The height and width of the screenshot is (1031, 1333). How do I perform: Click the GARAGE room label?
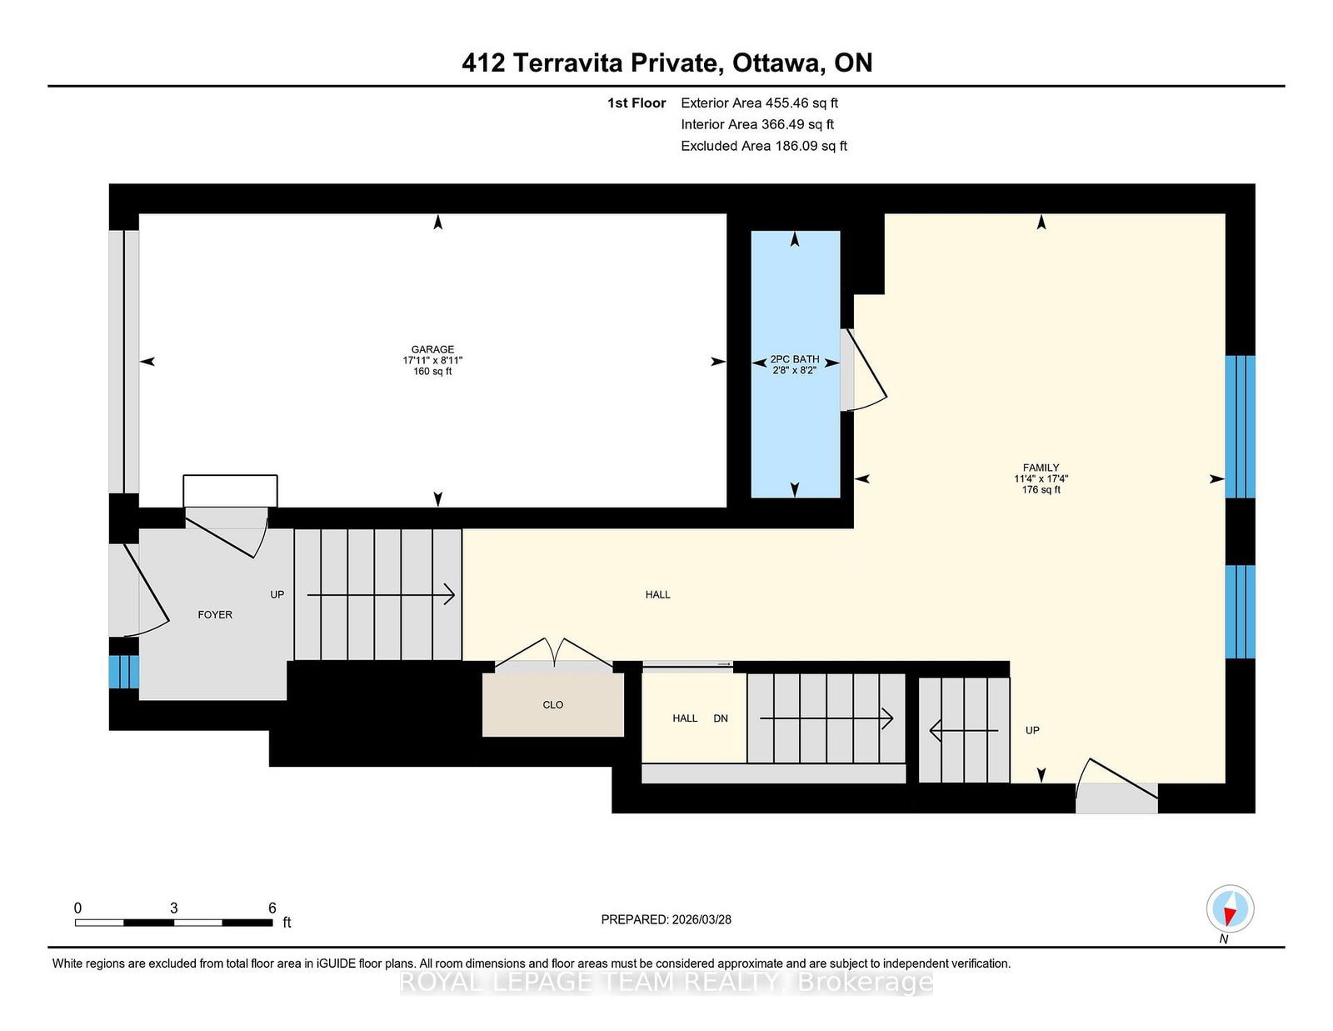[432, 349]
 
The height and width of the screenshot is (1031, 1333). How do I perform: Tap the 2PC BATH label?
[795, 359]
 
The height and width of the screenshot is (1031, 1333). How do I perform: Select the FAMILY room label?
[1041, 468]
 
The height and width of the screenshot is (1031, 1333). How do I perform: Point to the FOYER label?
[215, 615]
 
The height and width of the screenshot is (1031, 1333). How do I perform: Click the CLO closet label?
[552, 705]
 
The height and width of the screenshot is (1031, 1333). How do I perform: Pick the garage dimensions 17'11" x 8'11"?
[432, 360]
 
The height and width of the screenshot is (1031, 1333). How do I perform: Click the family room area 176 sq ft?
[1041, 490]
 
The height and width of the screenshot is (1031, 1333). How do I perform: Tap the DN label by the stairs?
[720, 718]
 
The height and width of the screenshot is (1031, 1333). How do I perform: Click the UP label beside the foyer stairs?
[277, 594]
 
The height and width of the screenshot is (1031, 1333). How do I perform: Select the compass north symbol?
[1230, 908]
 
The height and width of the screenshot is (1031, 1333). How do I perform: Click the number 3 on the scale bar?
[174, 908]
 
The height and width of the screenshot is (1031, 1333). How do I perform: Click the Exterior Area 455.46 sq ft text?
[760, 103]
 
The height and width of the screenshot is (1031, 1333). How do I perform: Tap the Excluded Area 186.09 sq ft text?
[764, 146]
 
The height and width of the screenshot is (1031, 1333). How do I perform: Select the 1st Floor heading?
[637, 103]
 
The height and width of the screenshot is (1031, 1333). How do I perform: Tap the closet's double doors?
[554, 653]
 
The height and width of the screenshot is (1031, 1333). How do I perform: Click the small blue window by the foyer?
[124, 672]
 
